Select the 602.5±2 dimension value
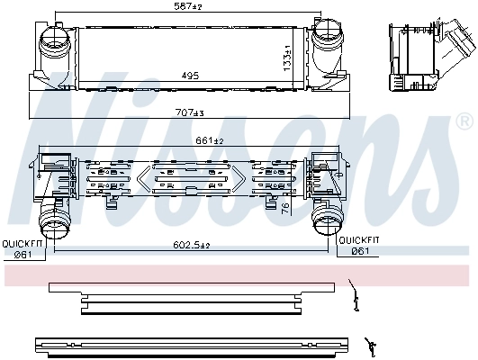(x=192, y=246)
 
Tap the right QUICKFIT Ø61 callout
(x=358, y=247)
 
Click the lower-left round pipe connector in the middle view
(x=53, y=219)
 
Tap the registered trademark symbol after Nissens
(x=464, y=121)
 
